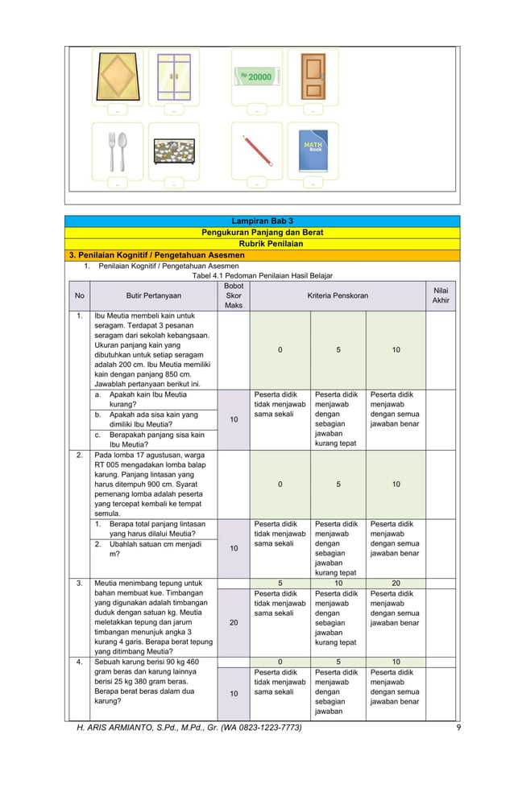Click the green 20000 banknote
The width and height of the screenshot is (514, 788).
[257, 76]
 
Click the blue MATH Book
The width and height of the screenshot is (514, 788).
[313, 150]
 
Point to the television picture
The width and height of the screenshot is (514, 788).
[174, 151]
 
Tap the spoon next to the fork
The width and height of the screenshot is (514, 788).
[123, 150]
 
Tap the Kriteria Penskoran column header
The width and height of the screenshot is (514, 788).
[338, 295]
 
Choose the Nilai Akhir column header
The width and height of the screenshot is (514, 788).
[441, 295]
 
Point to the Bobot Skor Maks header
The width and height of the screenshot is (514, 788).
[233, 295]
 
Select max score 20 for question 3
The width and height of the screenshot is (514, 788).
[233, 622]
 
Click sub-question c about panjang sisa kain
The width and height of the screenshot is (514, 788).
[156, 439]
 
